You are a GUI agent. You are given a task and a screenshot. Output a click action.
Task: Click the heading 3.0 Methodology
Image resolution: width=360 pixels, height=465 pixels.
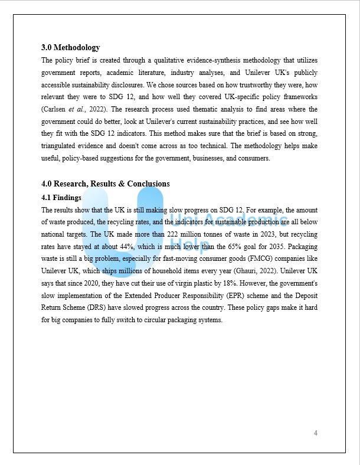click(x=71, y=48)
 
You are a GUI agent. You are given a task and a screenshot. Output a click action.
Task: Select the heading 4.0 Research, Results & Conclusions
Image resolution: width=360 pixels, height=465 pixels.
click(x=106, y=184)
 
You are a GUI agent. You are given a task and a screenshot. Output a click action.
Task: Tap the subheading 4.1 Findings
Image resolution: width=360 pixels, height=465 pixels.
click(x=61, y=198)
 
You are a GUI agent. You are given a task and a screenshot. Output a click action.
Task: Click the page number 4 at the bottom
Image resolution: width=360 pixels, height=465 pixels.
click(x=316, y=434)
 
